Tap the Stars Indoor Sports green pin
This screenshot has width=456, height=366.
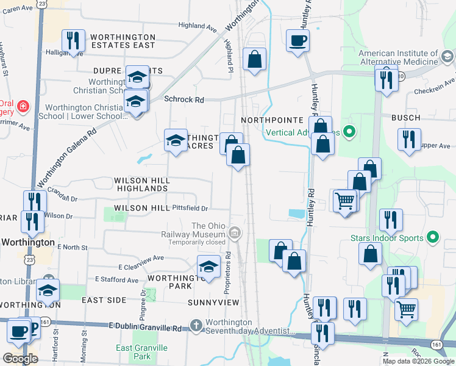coord(433,236)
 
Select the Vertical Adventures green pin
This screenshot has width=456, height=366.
coord(349,131)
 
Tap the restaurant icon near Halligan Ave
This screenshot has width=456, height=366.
coord(73,41)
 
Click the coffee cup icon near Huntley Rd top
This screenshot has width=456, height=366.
coord(297,41)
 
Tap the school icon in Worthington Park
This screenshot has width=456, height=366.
coord(209,267)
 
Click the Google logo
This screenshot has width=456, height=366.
coord(20,359)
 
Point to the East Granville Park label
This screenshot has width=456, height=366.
coord(141,352)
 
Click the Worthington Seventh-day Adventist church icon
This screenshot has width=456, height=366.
coord(196,325)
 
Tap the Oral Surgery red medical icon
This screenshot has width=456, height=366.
coord(23,107)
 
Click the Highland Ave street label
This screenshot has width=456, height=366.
coord(198,27)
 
